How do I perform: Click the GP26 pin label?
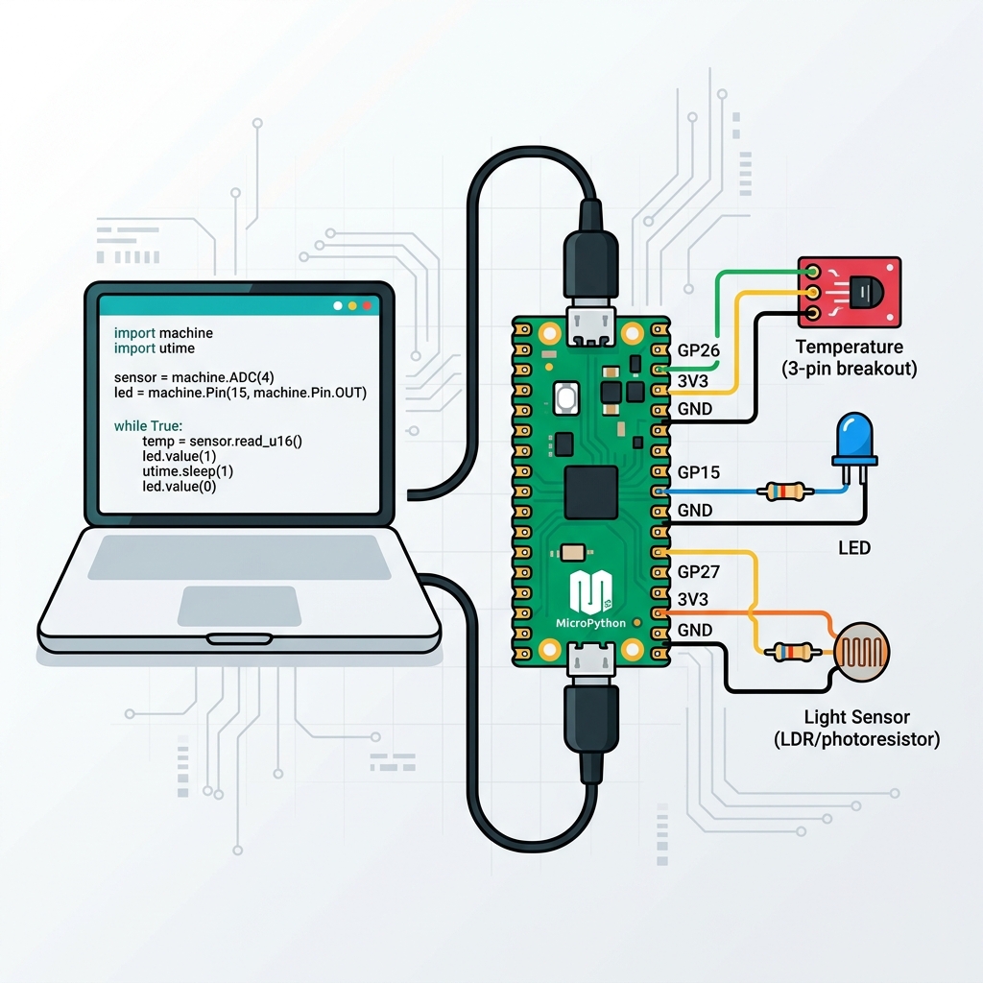(x=699, y=350)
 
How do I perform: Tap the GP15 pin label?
(x=699, y=472)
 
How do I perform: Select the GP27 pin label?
(x=699, y=572)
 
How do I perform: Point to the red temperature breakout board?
(x=850, y=292)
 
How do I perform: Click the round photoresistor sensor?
(x=862, y=652)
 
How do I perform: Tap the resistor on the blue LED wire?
(x=785, y=491)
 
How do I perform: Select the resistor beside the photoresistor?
(x=793, y=652)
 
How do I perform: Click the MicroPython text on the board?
(x=590, y=623)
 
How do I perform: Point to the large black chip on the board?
(x=590, y=492)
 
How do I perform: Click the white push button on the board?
(x=565, y=398)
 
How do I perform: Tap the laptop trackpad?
(x=239, y=607)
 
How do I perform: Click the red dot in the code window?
(x=368, y=305)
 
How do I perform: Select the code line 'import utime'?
(x=155, y=348)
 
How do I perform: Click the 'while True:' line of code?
(x=148, y=425)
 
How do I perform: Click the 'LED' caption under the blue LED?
(x=853, y=548)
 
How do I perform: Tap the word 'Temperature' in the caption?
(x=849, y=347)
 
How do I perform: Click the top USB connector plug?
(x=590, y=263)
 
